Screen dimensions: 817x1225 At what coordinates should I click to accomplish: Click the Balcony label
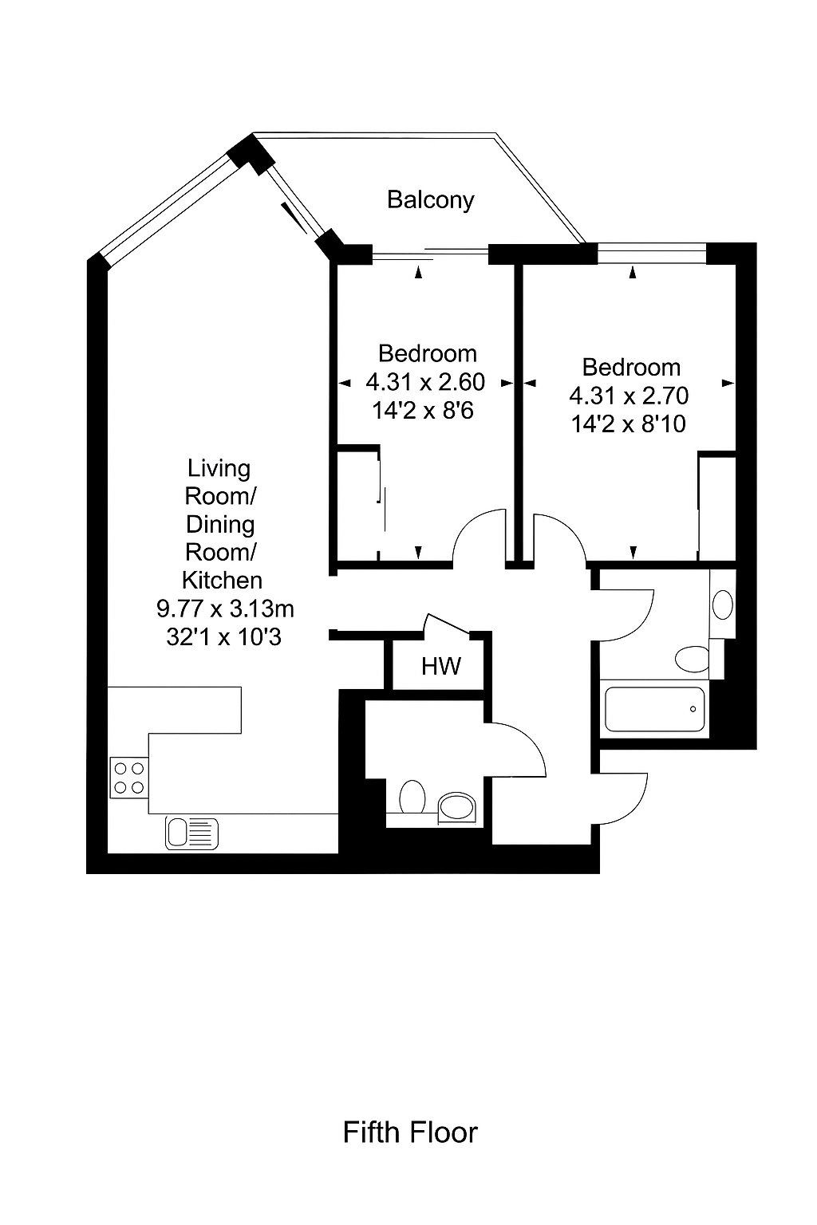[430, 200]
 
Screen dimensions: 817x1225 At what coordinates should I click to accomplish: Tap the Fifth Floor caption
[410, 1132]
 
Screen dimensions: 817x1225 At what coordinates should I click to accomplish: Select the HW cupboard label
[440, 666]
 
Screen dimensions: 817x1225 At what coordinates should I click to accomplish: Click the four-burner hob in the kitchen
[129, 778]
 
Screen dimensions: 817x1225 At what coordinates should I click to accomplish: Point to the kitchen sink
[191, 833]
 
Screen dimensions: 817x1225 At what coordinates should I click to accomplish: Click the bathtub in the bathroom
[655, 709]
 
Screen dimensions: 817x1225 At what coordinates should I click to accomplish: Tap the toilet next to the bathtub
[693, 659]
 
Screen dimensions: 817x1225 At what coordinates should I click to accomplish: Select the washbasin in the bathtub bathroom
[723, 605]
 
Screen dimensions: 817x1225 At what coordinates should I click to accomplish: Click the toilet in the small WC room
[412, 797]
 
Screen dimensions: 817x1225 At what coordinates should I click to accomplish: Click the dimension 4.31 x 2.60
[425, 382]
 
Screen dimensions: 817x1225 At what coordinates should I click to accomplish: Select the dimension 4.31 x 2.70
[629, 396]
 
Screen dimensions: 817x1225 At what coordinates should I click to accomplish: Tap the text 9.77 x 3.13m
[226, 609]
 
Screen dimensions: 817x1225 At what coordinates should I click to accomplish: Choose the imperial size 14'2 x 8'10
[629, 424]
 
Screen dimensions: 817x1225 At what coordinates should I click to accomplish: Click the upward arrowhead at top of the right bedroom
[633, 272]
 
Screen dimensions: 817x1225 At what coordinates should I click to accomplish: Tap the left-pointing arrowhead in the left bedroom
[345, 384]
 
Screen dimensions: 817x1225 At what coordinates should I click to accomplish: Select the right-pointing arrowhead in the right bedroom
[728, 384]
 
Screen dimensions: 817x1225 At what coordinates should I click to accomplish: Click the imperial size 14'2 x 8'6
[423, 411]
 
